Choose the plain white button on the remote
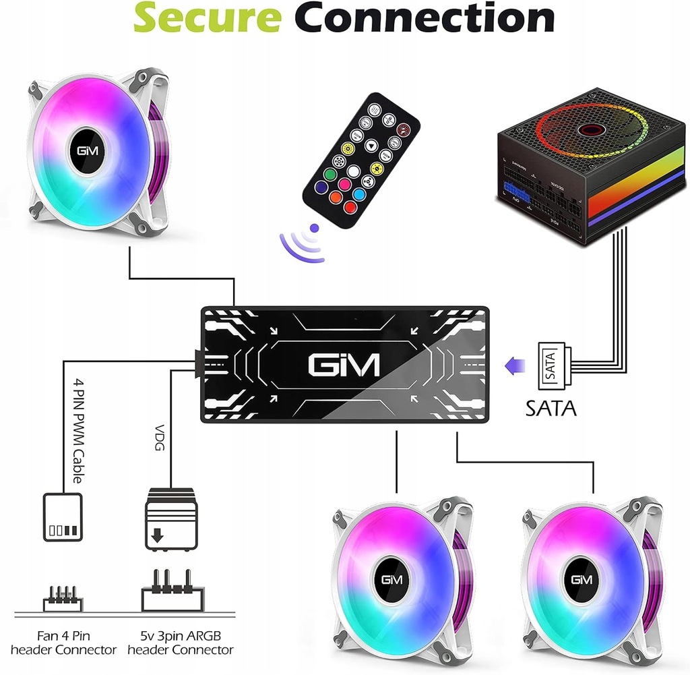point(353,171)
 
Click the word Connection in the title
point(426,18)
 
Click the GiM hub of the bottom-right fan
point(580,579)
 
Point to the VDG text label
point(160,439)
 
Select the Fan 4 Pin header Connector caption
point(65,643)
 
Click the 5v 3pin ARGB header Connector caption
point(180,643)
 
